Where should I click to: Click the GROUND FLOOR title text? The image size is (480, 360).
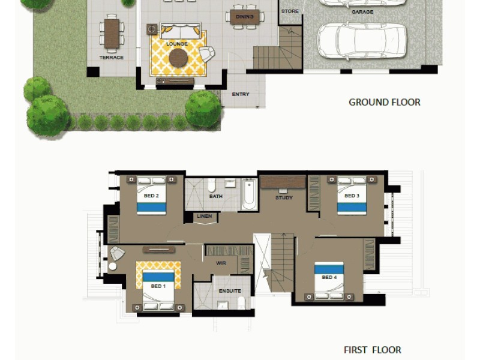pos(384,102)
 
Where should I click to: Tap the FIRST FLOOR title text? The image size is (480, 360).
pos(372,350)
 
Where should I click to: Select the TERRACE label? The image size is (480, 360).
pos(111,58)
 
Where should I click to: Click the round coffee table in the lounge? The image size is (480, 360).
pos(178,58)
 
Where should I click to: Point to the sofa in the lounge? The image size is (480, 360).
pos(180,31)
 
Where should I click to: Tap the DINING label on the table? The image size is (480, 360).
pos(244,17)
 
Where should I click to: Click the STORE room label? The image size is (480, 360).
pos(290,11)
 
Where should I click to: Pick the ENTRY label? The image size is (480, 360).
pos(241,94)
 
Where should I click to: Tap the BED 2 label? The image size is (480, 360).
pos(151,196)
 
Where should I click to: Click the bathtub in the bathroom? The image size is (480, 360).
pos(249,194)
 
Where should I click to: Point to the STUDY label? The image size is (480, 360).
pos(283,197)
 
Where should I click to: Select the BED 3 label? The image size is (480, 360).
pos(352,196)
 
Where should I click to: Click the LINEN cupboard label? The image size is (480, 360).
pos(203,216)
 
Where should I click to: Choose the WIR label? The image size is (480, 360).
pos(221,263)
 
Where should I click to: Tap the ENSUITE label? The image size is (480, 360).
pos(230,291)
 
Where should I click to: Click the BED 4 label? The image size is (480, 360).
pos(329,277)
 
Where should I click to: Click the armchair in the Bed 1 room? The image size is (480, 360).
pos(117,253)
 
